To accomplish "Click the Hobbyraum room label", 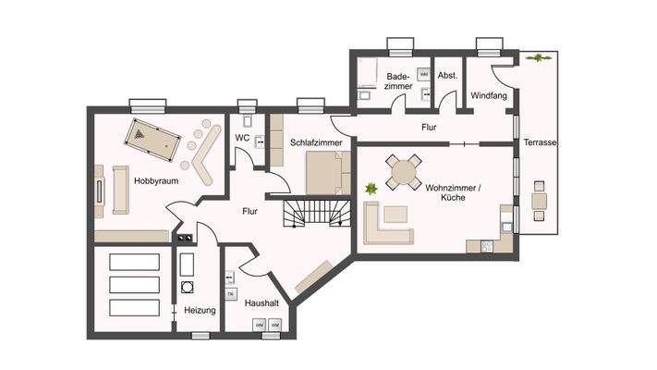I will pos(155,181).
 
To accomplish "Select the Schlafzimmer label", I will pos(316,144).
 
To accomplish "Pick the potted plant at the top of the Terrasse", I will pos(534,58).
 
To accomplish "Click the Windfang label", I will pos(487,95).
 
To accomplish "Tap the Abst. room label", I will pos(448,76).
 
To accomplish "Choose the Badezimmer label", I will pos(399,81).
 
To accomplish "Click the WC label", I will pos(242,139).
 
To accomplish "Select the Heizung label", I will pos(200,311).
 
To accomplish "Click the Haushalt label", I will pos(262,302).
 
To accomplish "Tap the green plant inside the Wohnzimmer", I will pos(371,189).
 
